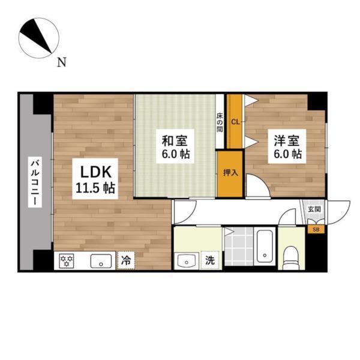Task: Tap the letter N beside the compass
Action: [x=61, y=62]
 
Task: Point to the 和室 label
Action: [x=176, y=142]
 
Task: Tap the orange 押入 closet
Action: [x=230, y=174]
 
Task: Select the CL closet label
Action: [x=235, y=122]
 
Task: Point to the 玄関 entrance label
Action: [x=314, y=209]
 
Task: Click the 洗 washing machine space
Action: [x=210, y=260]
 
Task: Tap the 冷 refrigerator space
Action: [x=126, y=260]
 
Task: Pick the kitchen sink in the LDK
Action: [x=101, y=261]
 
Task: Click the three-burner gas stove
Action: [x=67, y=261]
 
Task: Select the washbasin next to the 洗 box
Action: [x=185, y=261]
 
